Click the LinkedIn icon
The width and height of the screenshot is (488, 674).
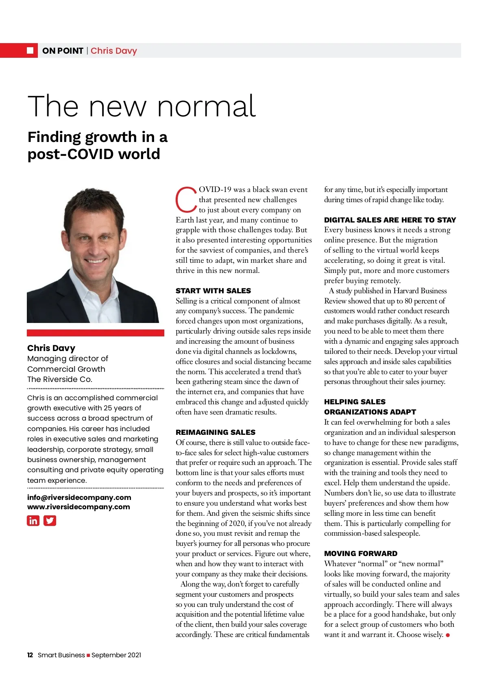33,521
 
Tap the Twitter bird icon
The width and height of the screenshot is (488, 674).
50,521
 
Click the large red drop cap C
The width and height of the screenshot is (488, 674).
186,200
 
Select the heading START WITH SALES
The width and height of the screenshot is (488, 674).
213,291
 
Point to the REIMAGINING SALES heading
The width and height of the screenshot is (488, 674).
216,432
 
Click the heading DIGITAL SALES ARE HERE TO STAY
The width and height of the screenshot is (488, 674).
390,220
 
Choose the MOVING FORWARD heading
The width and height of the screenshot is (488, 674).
360,554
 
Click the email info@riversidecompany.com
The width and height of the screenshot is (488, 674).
79,497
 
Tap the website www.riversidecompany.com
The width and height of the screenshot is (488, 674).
78,507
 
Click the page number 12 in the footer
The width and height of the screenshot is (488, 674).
30,655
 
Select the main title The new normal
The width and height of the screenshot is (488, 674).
142,106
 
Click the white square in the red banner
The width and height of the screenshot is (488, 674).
30,50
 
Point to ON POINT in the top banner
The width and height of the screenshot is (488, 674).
63,51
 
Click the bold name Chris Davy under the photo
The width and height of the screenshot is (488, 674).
51,348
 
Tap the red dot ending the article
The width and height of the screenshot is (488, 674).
448,635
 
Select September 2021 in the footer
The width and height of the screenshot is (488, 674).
116,655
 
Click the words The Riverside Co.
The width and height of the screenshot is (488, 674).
60,379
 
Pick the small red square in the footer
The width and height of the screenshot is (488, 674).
88,655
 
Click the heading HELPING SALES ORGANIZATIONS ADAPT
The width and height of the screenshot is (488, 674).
370,407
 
